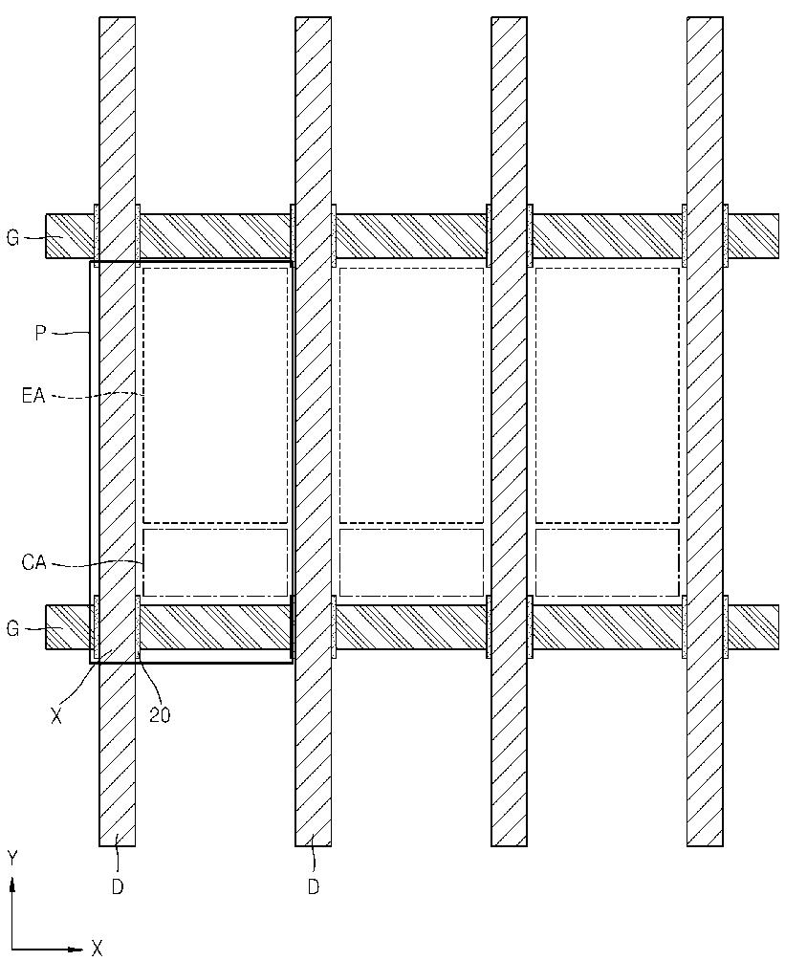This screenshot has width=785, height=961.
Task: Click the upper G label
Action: [12, 237]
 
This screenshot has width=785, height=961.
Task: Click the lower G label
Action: [12, 628]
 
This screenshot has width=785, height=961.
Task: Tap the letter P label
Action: [40, 333]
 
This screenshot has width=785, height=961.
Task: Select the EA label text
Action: [33, 395]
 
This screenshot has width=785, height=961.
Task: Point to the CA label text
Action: [33, 563]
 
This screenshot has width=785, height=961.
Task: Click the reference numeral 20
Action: [160, 715]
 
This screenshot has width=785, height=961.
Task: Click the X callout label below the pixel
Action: [56, 715]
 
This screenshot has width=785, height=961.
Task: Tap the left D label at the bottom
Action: [117, 886]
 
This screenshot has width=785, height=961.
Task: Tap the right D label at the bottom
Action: [313, 886]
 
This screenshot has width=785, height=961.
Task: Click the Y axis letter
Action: [12, 858]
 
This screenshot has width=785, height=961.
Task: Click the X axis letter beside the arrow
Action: [97, 948]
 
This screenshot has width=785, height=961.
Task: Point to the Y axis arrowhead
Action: [12, 885]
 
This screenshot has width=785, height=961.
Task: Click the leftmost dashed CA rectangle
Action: [215, 562]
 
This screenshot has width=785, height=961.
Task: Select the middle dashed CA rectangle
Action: [411, 562]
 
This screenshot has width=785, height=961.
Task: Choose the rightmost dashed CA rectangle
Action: [607, 562]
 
